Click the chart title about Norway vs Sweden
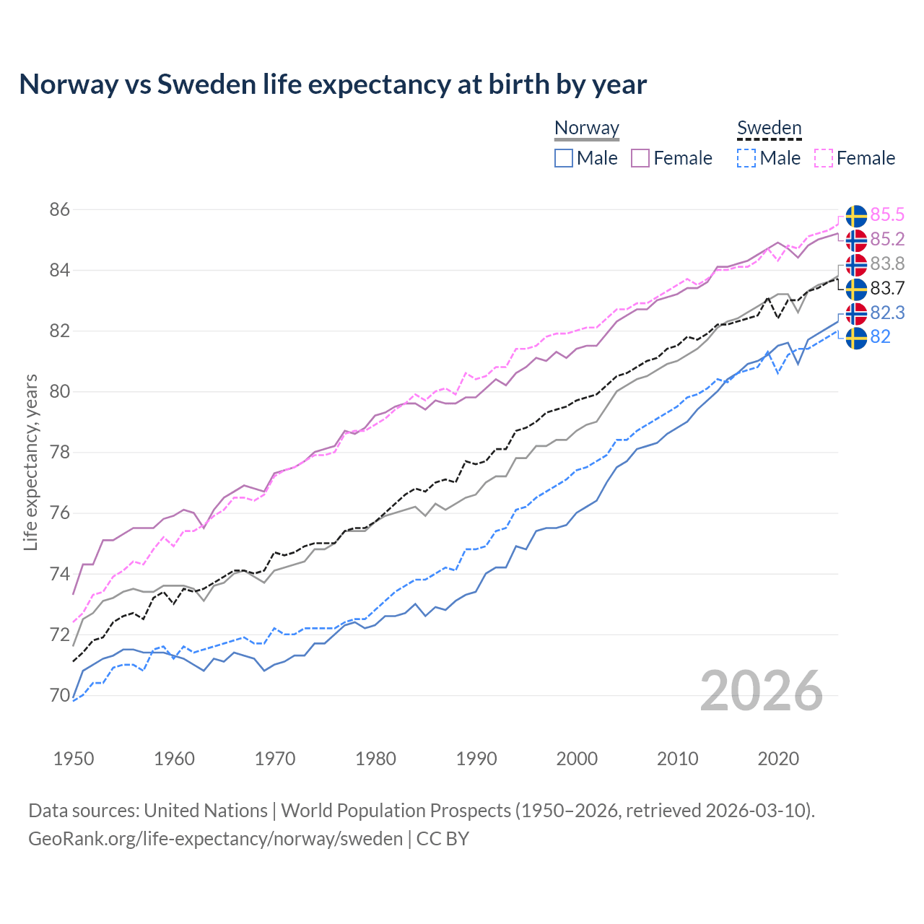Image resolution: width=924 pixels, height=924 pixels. click(333, 84)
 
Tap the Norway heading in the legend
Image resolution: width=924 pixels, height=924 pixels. click(586, 128)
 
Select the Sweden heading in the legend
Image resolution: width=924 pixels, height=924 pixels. click(769, 128)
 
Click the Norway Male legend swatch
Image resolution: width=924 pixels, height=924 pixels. click(564, 158)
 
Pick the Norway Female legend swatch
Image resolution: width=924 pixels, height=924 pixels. click(640, 158)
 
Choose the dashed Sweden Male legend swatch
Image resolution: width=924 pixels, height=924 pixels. click(746, 158)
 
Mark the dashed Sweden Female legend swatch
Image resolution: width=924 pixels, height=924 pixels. click(824, 158)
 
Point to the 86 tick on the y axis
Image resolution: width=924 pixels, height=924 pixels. click(60, 210)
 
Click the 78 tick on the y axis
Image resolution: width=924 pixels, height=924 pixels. click(60, 453)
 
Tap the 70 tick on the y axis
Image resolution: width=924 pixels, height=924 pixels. click(60, 696)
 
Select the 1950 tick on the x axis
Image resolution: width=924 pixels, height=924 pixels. click(74, 759)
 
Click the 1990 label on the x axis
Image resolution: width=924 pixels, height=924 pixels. click(476, 759)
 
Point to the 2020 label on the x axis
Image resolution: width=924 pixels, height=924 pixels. click(778, 759)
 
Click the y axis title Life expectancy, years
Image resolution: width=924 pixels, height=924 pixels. click(30, 462)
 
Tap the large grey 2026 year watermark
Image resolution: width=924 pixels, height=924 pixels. click(762, 691)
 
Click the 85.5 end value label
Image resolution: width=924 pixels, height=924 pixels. click(887, 215)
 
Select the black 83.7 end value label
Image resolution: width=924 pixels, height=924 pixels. click(887, 289)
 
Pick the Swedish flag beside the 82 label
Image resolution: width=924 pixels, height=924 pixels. click(856, 338)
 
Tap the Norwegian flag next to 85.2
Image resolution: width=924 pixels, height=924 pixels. click(856, 240)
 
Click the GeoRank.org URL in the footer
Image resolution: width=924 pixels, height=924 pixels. click(215, 839)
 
